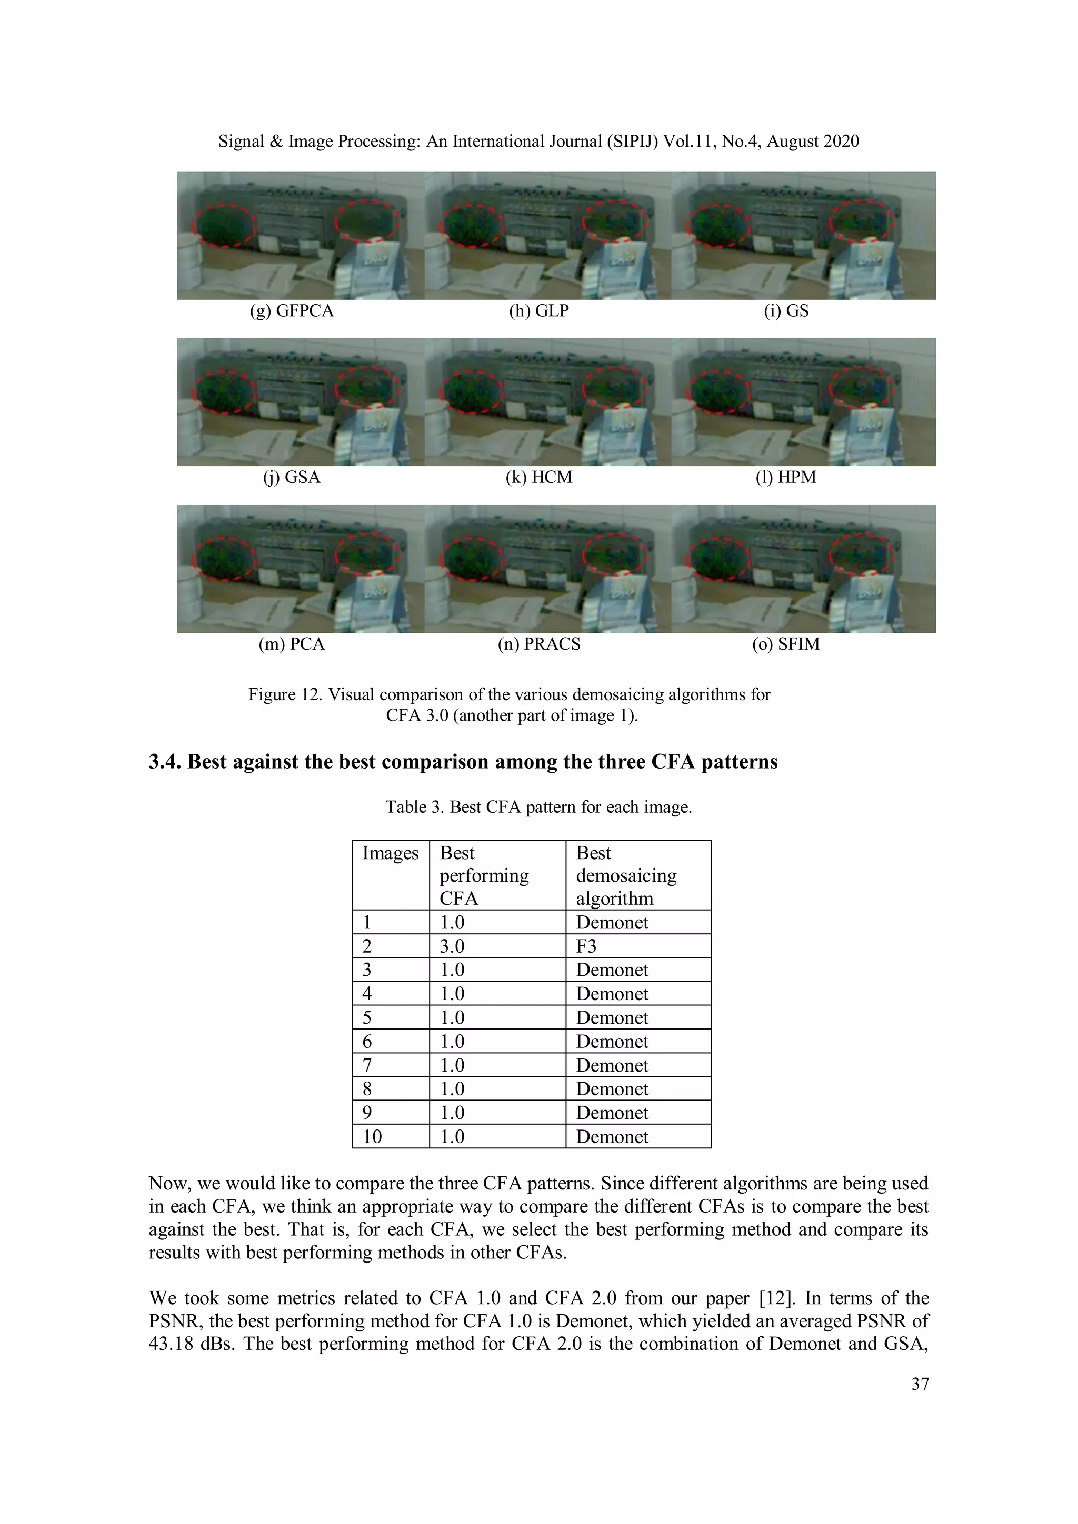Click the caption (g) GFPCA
292,311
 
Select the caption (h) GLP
538,311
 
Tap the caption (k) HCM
538,477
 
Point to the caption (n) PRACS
538,644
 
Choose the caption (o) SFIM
786,644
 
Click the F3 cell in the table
586,946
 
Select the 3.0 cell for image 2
452,946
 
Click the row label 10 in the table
372,1136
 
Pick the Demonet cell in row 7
612,1065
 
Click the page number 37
920,1384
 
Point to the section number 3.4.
164,761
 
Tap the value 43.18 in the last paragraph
170,1344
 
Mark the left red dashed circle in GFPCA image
224,225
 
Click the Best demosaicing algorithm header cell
626,875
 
